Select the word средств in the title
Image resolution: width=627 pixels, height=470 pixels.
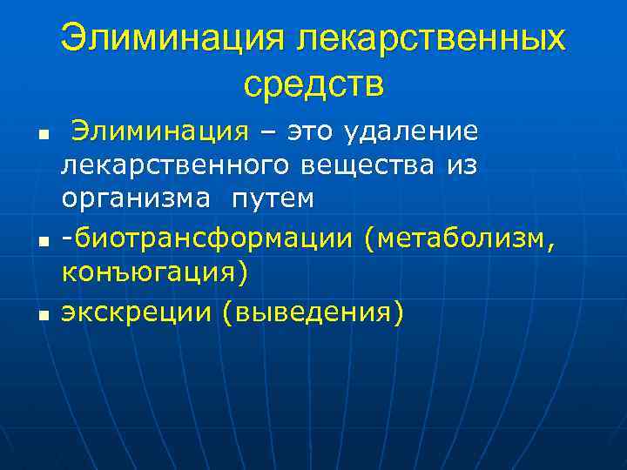point(313,84)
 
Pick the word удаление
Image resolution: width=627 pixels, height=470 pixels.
point(413,132)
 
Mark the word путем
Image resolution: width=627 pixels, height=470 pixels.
point(273,199)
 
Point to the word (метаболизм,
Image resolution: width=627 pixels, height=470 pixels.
point(460,237)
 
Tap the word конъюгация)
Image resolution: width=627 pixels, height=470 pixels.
point(155,272)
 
